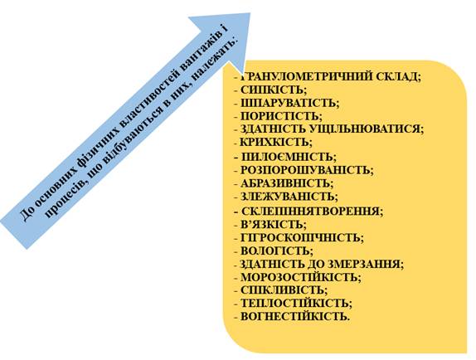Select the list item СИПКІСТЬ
[272, 90]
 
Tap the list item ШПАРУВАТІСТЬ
[288, 103]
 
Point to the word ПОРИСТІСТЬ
[279, 116]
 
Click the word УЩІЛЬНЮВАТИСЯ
[364, 129]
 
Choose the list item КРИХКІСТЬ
[274, 142]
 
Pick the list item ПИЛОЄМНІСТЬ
[287, 157]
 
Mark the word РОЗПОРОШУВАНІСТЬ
[305, 170]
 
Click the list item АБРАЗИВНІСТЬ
[284, 183]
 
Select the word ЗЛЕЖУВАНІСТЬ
[287, 197]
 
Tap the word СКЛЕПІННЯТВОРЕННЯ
[310, 211]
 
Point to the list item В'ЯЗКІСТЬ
[272, 225]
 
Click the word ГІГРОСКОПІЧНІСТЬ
[300, 238]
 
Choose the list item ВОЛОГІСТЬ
[274, 251]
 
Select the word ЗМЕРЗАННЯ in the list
[364, 264]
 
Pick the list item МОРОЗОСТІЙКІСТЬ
[299, 277]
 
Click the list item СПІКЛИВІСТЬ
[282, 290]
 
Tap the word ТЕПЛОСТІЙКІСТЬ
[294, 304]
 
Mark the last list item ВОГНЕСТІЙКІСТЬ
[294, 317]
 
